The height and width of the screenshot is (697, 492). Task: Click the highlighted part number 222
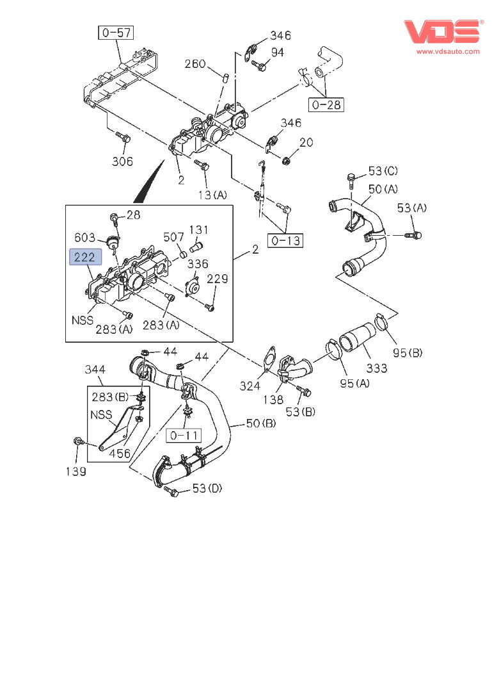point(86,258)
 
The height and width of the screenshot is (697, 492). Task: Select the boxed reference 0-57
point(116,32)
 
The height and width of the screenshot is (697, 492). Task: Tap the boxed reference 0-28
point(326,104)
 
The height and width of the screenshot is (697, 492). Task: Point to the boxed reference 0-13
point(285,241)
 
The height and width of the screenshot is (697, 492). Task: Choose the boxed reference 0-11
point(184,436)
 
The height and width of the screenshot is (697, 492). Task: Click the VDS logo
point(442,32)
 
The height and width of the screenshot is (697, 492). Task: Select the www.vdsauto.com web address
point(448,51)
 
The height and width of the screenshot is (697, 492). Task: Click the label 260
point(195,63)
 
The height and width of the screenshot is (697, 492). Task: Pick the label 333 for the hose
point(377,368)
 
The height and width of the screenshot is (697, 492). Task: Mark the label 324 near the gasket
point(250,386)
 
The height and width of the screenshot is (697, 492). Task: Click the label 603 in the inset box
point(85,236)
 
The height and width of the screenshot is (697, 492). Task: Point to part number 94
point(277,53)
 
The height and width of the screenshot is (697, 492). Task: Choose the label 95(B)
point(408,352)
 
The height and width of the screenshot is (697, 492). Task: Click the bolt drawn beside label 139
point(78,442)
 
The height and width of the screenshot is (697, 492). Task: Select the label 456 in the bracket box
point(119,453)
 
